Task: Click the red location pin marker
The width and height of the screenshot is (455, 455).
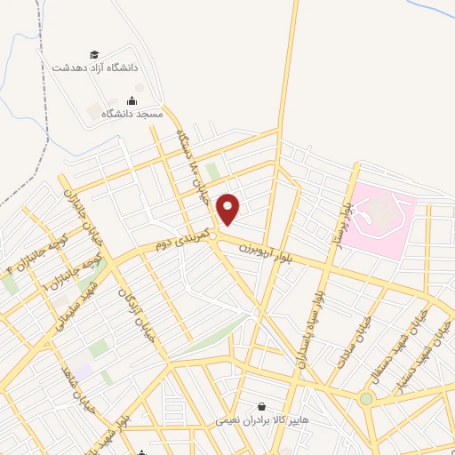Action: [228, 209]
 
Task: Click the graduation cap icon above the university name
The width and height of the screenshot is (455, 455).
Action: [95, 55]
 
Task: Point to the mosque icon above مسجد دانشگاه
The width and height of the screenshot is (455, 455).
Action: [132, 101]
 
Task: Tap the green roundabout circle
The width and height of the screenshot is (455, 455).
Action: [366, 399]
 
